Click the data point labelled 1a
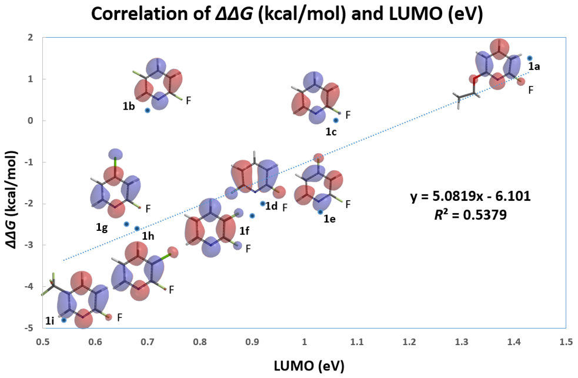click(x=529, y=58)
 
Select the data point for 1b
click(x=148, y=110)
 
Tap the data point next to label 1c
click(x=336, y=120)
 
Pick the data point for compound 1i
click(x=64, y=320)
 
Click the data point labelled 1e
click(x=320, y=212)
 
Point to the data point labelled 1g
click(x=126, y=224)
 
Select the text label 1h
click(x=148, y=237)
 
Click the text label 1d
click(x=271, y=206)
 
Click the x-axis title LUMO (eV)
click(x=309, y=365)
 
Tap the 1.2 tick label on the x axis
click(x=409, y=342)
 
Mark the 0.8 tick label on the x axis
click(x=200, y=342)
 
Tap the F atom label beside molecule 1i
click(x=119, y=317)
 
